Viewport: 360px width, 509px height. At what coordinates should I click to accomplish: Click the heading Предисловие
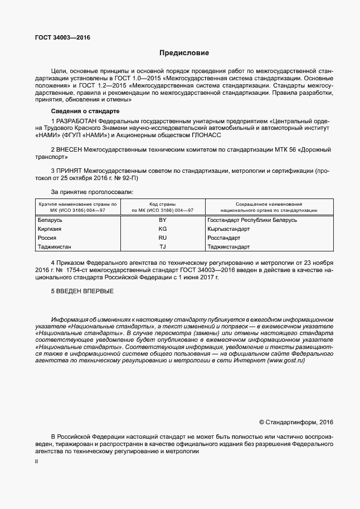coord(184,54)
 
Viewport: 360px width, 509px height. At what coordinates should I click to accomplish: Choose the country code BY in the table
coord(163,220)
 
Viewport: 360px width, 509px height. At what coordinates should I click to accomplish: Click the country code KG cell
coord(163,229)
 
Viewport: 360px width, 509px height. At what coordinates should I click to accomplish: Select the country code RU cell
coord(163,237)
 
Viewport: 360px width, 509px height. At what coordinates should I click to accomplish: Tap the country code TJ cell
coord(163,246)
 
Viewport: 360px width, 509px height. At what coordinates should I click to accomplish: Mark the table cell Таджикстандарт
coord(228,246)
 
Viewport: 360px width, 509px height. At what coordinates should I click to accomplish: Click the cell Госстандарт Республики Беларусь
coord(252,220)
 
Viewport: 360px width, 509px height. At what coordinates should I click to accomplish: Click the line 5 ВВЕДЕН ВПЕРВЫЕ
coord(82,291)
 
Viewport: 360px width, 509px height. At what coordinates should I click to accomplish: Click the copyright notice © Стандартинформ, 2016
coord(296,423)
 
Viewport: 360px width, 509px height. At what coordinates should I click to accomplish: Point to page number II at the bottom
coord(36,462)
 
